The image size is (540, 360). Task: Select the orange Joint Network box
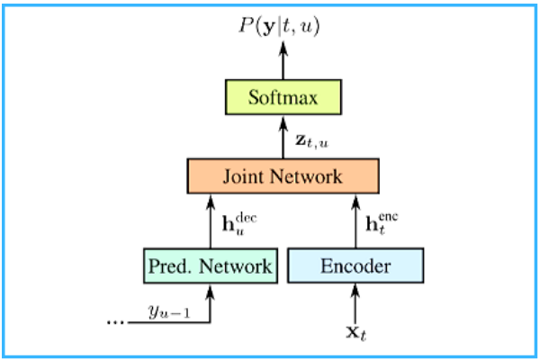(284, 176)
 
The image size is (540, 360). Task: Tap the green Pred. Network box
(209, 265)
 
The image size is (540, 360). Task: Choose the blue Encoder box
(355, 265)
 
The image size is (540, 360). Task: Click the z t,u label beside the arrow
(313, 140)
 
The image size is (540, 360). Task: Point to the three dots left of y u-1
(116, 320)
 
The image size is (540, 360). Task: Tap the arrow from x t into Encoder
(355, 301)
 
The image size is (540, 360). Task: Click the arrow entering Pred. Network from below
(209, 301)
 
